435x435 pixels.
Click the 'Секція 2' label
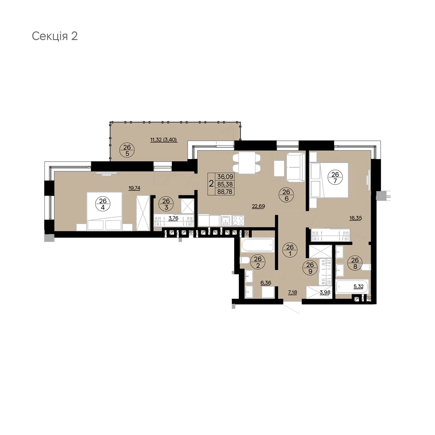[x=55, y=36]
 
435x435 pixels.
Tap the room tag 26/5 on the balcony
[x=127, y=151]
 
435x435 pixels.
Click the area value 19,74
[x=134, y=188]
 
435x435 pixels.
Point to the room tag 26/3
[x=166, y=204]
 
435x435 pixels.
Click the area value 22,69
[x=258, y=206]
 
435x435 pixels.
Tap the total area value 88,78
[x=225, y=191]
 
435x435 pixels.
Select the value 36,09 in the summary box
[x=225, y=176]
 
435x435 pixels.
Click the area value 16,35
[x=356, y=218]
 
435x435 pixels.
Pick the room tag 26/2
[x=258, y=262]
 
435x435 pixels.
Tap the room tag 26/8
[x=355, y=263]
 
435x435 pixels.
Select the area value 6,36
[x=266, y=282]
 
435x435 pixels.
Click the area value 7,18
[x=292, y=292]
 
